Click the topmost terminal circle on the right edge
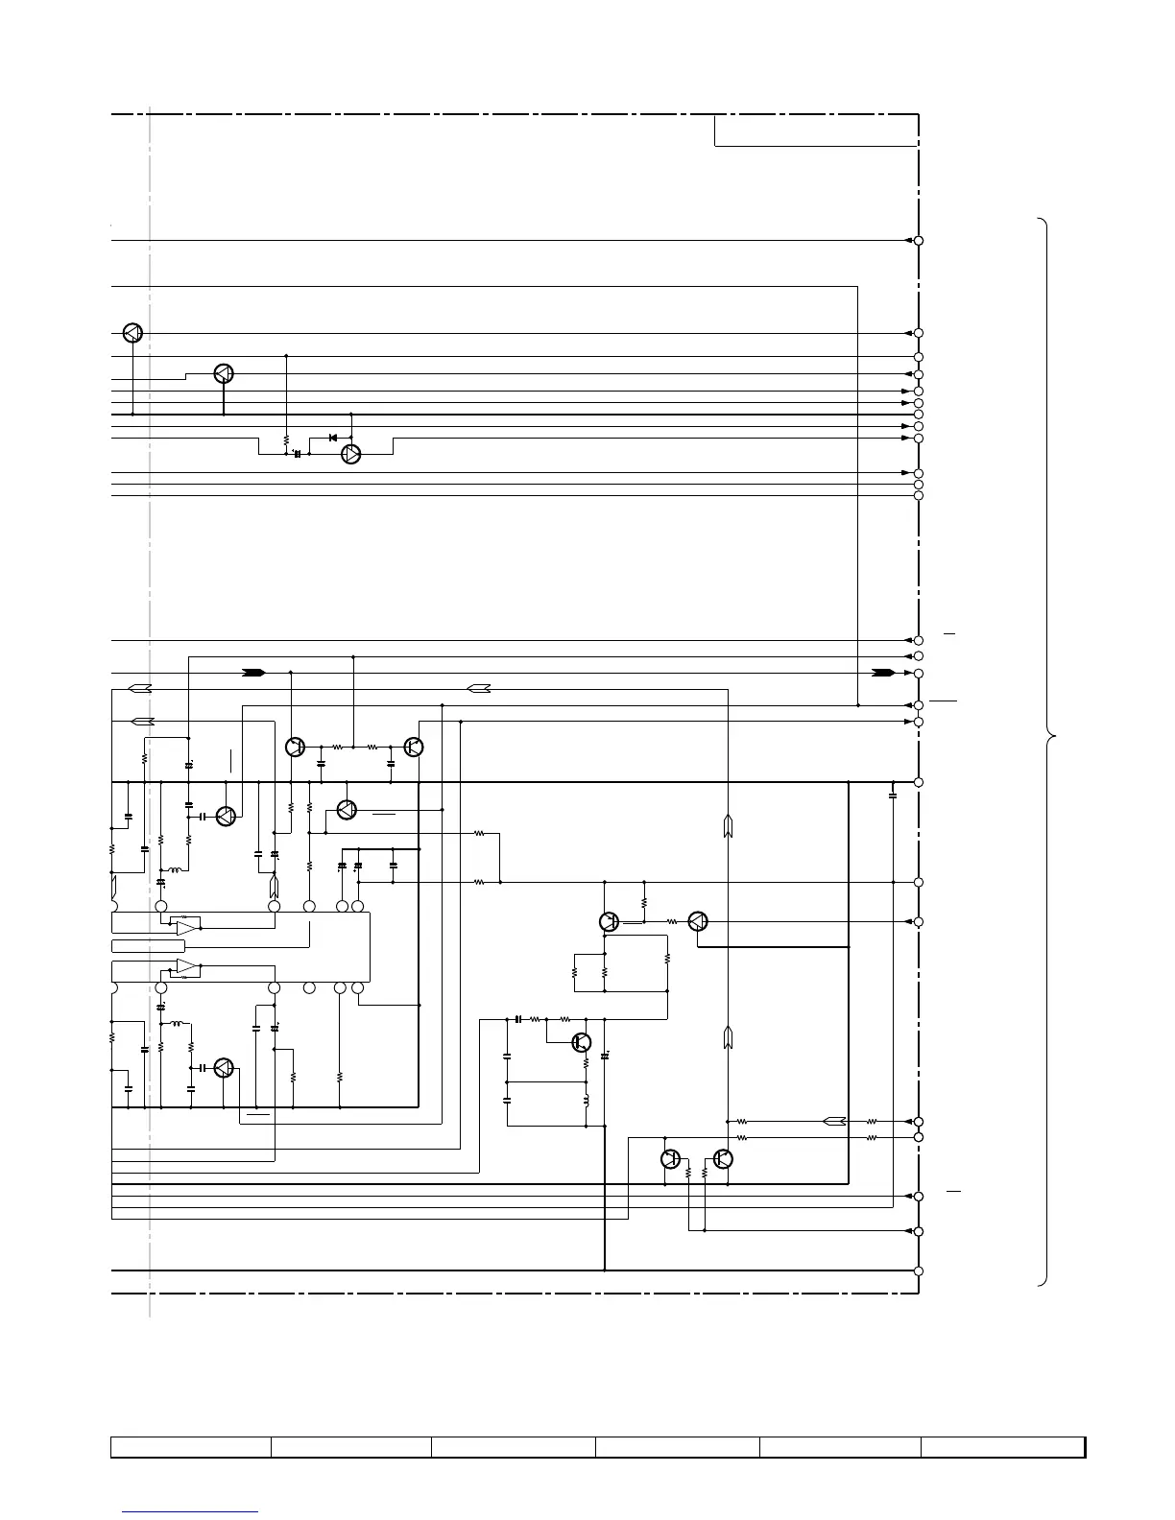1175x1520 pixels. pos(919,240)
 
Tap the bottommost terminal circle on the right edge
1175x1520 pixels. pos(919,1271)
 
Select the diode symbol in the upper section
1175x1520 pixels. pos(332,438)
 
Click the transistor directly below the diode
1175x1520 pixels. pos(351,455)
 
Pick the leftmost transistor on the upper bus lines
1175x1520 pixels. pos(133,333)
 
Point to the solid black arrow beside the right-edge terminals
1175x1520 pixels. pos(883,673)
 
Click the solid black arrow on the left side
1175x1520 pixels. pos(253,673)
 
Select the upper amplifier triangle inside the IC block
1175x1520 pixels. pos(187,927)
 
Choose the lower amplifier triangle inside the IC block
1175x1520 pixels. pos(187,966)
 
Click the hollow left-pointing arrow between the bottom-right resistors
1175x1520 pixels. pos(834,1121)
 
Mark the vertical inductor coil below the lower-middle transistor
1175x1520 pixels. pos(587,1099)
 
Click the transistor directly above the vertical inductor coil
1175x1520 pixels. pos(581,1042)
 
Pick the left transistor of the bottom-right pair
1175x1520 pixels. pos(671,1159)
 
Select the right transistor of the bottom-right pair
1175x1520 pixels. pos(724,1159)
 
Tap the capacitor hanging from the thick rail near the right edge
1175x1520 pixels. pos(893,796)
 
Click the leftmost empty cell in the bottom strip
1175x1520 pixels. pos(190,1446)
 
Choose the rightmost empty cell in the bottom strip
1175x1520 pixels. pos(1003,1446)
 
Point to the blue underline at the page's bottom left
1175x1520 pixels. pos(190,1512)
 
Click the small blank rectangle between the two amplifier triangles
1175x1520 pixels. pos(148,946)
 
